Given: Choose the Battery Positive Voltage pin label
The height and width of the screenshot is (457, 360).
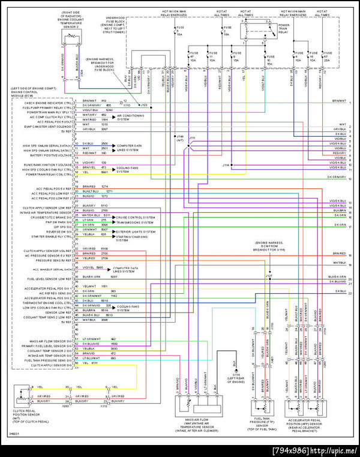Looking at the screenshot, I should click(x=47, y=154).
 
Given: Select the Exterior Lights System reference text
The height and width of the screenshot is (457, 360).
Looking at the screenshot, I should click(x=134, y=229).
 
